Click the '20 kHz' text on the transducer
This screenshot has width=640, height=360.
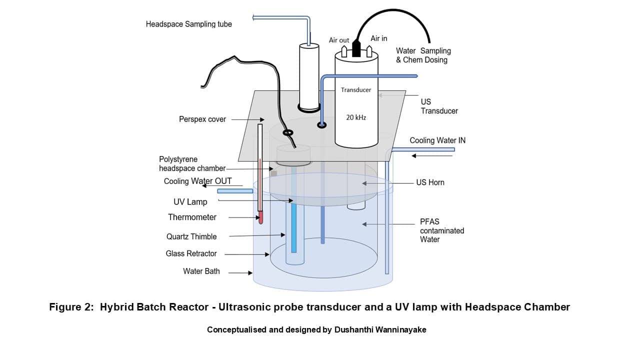(356, 117)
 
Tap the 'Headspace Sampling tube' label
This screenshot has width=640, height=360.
(188, 24)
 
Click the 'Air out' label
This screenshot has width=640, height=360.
(339, 40)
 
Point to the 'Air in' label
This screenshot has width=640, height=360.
(378, 38)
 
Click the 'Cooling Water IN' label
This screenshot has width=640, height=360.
(437, 140)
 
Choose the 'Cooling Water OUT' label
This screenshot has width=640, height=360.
(197, 181)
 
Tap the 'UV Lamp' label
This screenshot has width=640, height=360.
(190, 202)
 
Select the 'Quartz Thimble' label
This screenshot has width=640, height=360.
(191, 236)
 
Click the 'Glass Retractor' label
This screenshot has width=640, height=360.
(191, 253)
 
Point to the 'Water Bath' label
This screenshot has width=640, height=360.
(201, 271)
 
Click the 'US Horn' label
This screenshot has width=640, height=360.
(430, 182)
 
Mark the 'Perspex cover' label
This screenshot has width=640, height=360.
(202, 119)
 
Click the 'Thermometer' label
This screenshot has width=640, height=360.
(192, 217)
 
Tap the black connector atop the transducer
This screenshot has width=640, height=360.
(356, 48)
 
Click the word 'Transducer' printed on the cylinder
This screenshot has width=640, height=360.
(356, 90)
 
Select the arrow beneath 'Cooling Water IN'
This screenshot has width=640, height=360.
(432, 156)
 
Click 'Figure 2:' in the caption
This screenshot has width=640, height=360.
(71, 307)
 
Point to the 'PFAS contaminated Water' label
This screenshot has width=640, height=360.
(441, 230)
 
